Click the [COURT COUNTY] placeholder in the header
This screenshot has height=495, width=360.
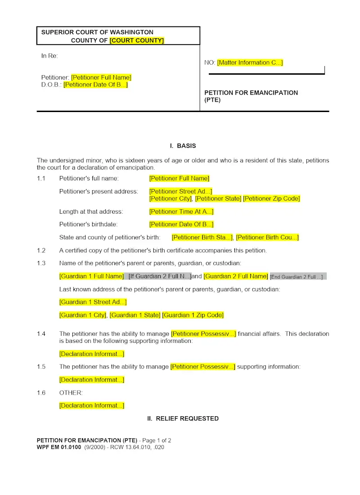click(x=137, y=40)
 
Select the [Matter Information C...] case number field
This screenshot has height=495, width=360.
click(x=250, y=63)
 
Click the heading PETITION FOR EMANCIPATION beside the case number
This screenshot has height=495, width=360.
click(x=251, y=93)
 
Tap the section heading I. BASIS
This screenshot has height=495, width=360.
click(x=183, y=146)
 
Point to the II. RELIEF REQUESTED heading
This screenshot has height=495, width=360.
click(x=183, y=418)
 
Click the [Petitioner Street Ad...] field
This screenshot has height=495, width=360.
click(x=180, y=191)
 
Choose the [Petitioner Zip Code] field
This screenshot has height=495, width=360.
click(x=271, y=198)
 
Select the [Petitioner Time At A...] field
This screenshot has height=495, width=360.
click(x=181, y=211)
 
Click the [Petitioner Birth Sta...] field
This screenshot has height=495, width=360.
click(x=202, y=237)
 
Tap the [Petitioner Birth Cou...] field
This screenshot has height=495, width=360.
click(x=267, y=237)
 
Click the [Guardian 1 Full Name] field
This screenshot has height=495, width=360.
click(x=91, y=276)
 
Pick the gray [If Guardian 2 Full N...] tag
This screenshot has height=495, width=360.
click(x=159, y=276)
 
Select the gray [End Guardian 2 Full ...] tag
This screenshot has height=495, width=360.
click(x=297, y=277)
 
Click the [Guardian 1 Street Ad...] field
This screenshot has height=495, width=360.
click(x=93, y=302)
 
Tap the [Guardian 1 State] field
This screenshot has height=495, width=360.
click(x=135, y=315)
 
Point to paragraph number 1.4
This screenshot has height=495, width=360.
click(x=41, y=334)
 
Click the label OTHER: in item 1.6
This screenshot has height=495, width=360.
click(x=71, y=393)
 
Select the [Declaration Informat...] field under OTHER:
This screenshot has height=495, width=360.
click(x=92, y=405)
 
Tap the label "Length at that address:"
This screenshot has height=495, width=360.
click(x=91, y=211)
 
